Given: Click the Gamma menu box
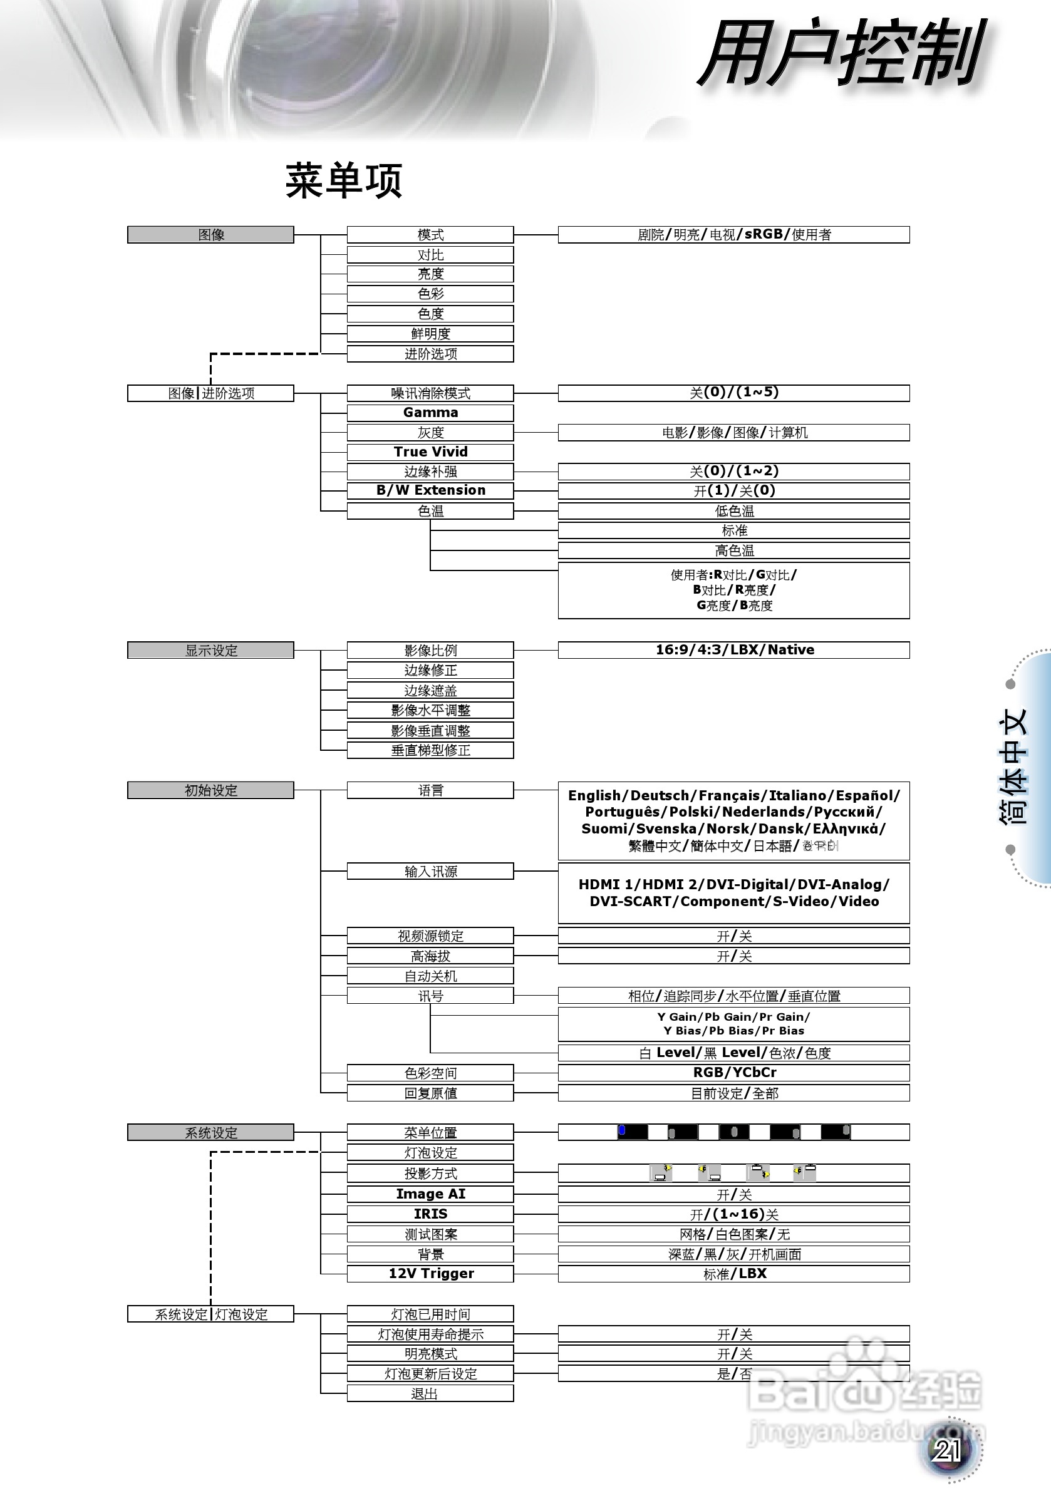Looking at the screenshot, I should [x=430, y=413].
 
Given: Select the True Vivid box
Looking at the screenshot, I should [x=430, y=452].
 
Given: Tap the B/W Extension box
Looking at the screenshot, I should [x=430, y=490].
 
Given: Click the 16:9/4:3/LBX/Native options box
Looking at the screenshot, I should [x=733, y=650].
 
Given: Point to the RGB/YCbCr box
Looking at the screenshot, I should [x=733, y=1073].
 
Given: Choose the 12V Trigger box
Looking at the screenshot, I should [x=430, y=1274].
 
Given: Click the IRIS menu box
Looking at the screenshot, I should [x=430, y=1214].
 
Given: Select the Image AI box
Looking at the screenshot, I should [x=430, y=1194].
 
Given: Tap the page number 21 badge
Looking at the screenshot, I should [x=948, y=1450].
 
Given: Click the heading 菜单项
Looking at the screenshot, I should [x=344, y=180].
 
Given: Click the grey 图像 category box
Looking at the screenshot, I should [x=210, y=234].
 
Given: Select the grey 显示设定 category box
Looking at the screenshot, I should [x=210, y=650].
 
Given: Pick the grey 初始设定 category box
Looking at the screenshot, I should [x=210, y=790].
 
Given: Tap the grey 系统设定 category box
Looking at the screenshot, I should [x=210, y=1133].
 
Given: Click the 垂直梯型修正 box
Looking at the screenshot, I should [x=430, y=751].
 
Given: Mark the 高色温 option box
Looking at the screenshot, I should [x=733, y=550].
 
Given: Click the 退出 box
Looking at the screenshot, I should [x=430, y=1393].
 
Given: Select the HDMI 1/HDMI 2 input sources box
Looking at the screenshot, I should [x=733, y=893].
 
